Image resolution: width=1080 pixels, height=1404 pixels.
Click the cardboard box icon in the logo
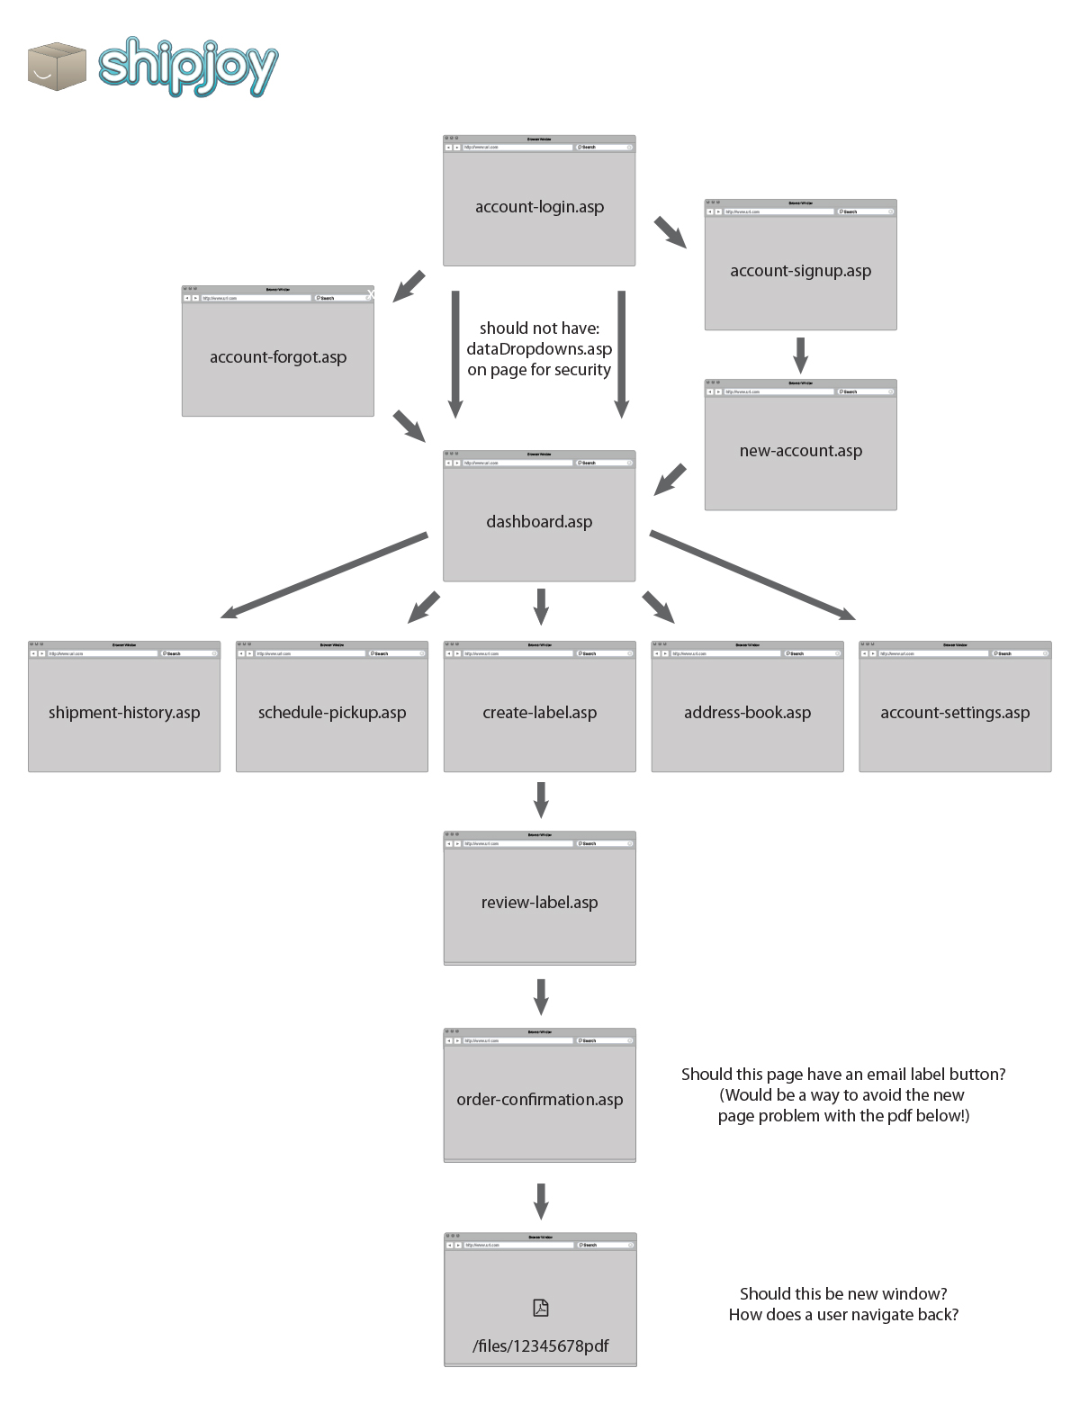click(56, 67)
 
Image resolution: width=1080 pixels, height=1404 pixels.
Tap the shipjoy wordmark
click(188, 67)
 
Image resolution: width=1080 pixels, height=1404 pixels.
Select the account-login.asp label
click(539, 207)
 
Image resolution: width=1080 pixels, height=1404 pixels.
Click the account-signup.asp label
click(800, 271)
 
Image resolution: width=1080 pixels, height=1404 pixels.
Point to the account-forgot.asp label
click(278, 357)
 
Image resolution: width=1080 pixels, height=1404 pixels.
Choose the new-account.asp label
click(800, 451)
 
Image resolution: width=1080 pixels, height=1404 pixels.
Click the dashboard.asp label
click(539, 522)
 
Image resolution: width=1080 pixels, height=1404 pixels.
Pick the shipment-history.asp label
click(124, 713)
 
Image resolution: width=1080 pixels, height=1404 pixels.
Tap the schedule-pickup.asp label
click(332, 713)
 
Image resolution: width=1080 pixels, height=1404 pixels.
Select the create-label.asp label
click(539, 713)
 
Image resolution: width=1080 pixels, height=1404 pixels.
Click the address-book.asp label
click(747, 713)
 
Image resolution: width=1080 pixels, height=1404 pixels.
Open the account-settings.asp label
click(955, 713)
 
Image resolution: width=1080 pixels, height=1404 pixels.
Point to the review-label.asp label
click(539, 903)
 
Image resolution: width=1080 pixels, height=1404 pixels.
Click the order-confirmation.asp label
click(539, 1100)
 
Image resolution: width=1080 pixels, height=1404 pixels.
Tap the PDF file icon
click(540, 1308)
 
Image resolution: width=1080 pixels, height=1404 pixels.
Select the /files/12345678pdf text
click(540, 1346)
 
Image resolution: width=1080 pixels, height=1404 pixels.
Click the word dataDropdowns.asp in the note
click(539, 349)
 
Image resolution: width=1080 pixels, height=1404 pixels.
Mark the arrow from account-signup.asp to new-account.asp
click(800, 355)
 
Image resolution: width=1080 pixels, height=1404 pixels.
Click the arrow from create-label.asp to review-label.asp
click(540, 799)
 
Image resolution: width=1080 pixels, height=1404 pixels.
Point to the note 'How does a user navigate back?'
click(843, 1315)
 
